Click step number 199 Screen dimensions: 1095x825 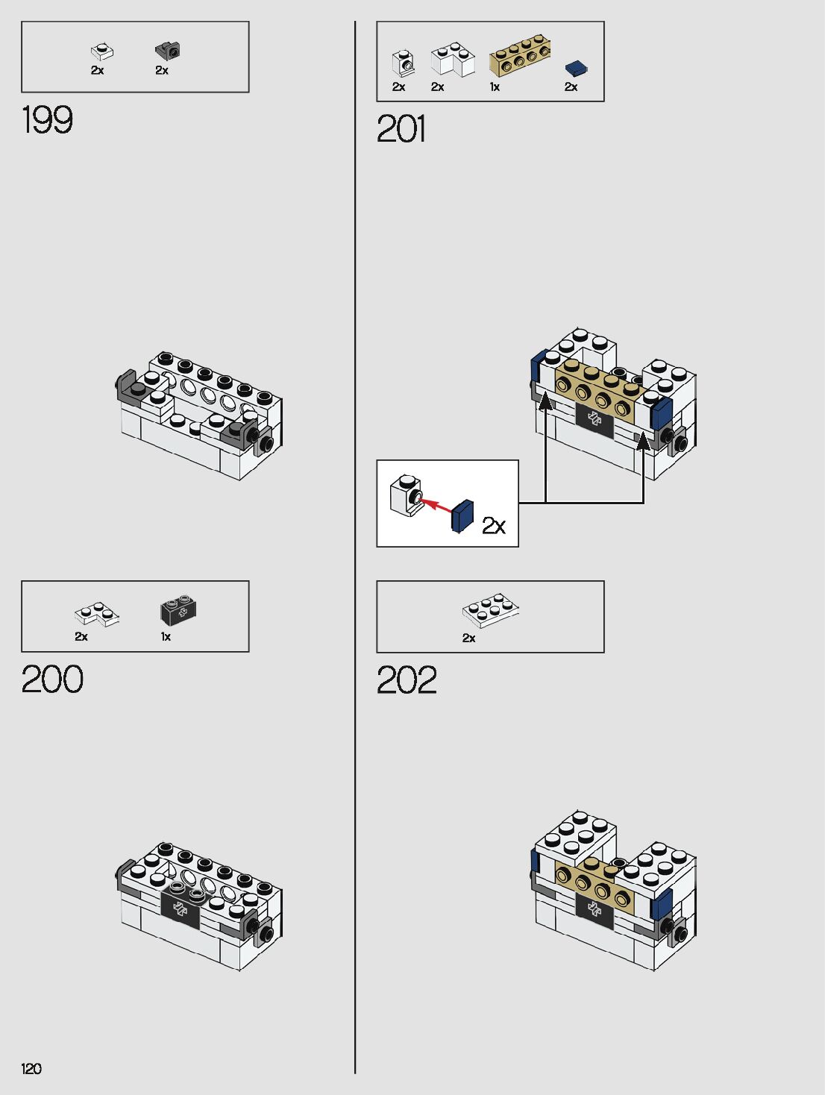pyautogui.click(x=47, y=120)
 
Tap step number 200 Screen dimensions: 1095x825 pyautogui.click(x=52, y=680)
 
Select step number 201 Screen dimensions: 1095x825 pyautogui.click(x=401, y=129)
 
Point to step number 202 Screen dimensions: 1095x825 pyautogui.click(x=407, y=680)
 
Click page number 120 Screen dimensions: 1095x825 pyautogui.click(x=31, y=1069)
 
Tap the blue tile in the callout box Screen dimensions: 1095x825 pyautogui.click(x=462, y=515)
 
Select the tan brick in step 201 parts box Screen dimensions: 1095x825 pyautogui.click(x=520, y=56)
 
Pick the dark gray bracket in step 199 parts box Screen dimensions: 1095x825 pyautogui.click(x=168, y=51)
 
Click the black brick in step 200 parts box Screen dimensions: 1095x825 pyautogui.click(x=179, y=611)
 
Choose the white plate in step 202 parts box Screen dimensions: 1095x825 pyautogui.click(x=489, y=610)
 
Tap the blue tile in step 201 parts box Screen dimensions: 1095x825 pyautogui.click(x=575, y=69)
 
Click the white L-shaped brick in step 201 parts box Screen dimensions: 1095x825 pyautogui.click(x=452, y=59)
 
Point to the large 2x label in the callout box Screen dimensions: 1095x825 pyautogui.click(x=494, y=526)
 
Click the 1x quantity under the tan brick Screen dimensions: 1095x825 pyautogui.click(x=495, y=87)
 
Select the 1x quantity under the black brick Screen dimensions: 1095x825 pyautogui.click(x=166, y=637)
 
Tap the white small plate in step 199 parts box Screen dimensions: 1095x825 pyautogui.click(x=101, y=51)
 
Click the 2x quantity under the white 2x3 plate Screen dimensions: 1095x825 pyautogui.click(x=468, y=638)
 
